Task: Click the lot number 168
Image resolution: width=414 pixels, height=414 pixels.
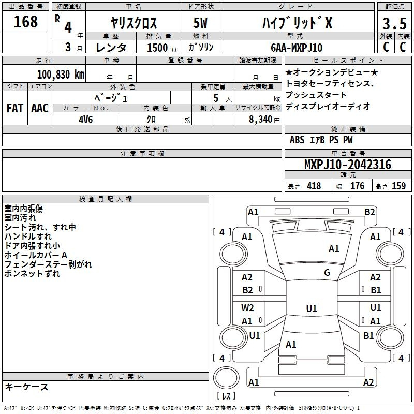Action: (x=25, y=22)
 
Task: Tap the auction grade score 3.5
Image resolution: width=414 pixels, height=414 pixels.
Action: (x=394, y=24)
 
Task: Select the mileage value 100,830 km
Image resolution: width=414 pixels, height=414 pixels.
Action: (x=61, y=75)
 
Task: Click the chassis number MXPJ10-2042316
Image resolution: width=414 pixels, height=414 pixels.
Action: (x=348, y=165)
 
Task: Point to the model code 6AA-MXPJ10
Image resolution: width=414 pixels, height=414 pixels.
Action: (x=297, y=48)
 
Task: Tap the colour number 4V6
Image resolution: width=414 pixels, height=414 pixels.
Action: (x=86, y=120)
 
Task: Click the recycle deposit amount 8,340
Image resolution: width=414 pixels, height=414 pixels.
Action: (x=261, y=120)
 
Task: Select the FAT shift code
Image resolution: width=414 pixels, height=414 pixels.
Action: (x=15, y=108)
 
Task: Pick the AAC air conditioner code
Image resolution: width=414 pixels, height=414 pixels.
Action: (x=40, y=108)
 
